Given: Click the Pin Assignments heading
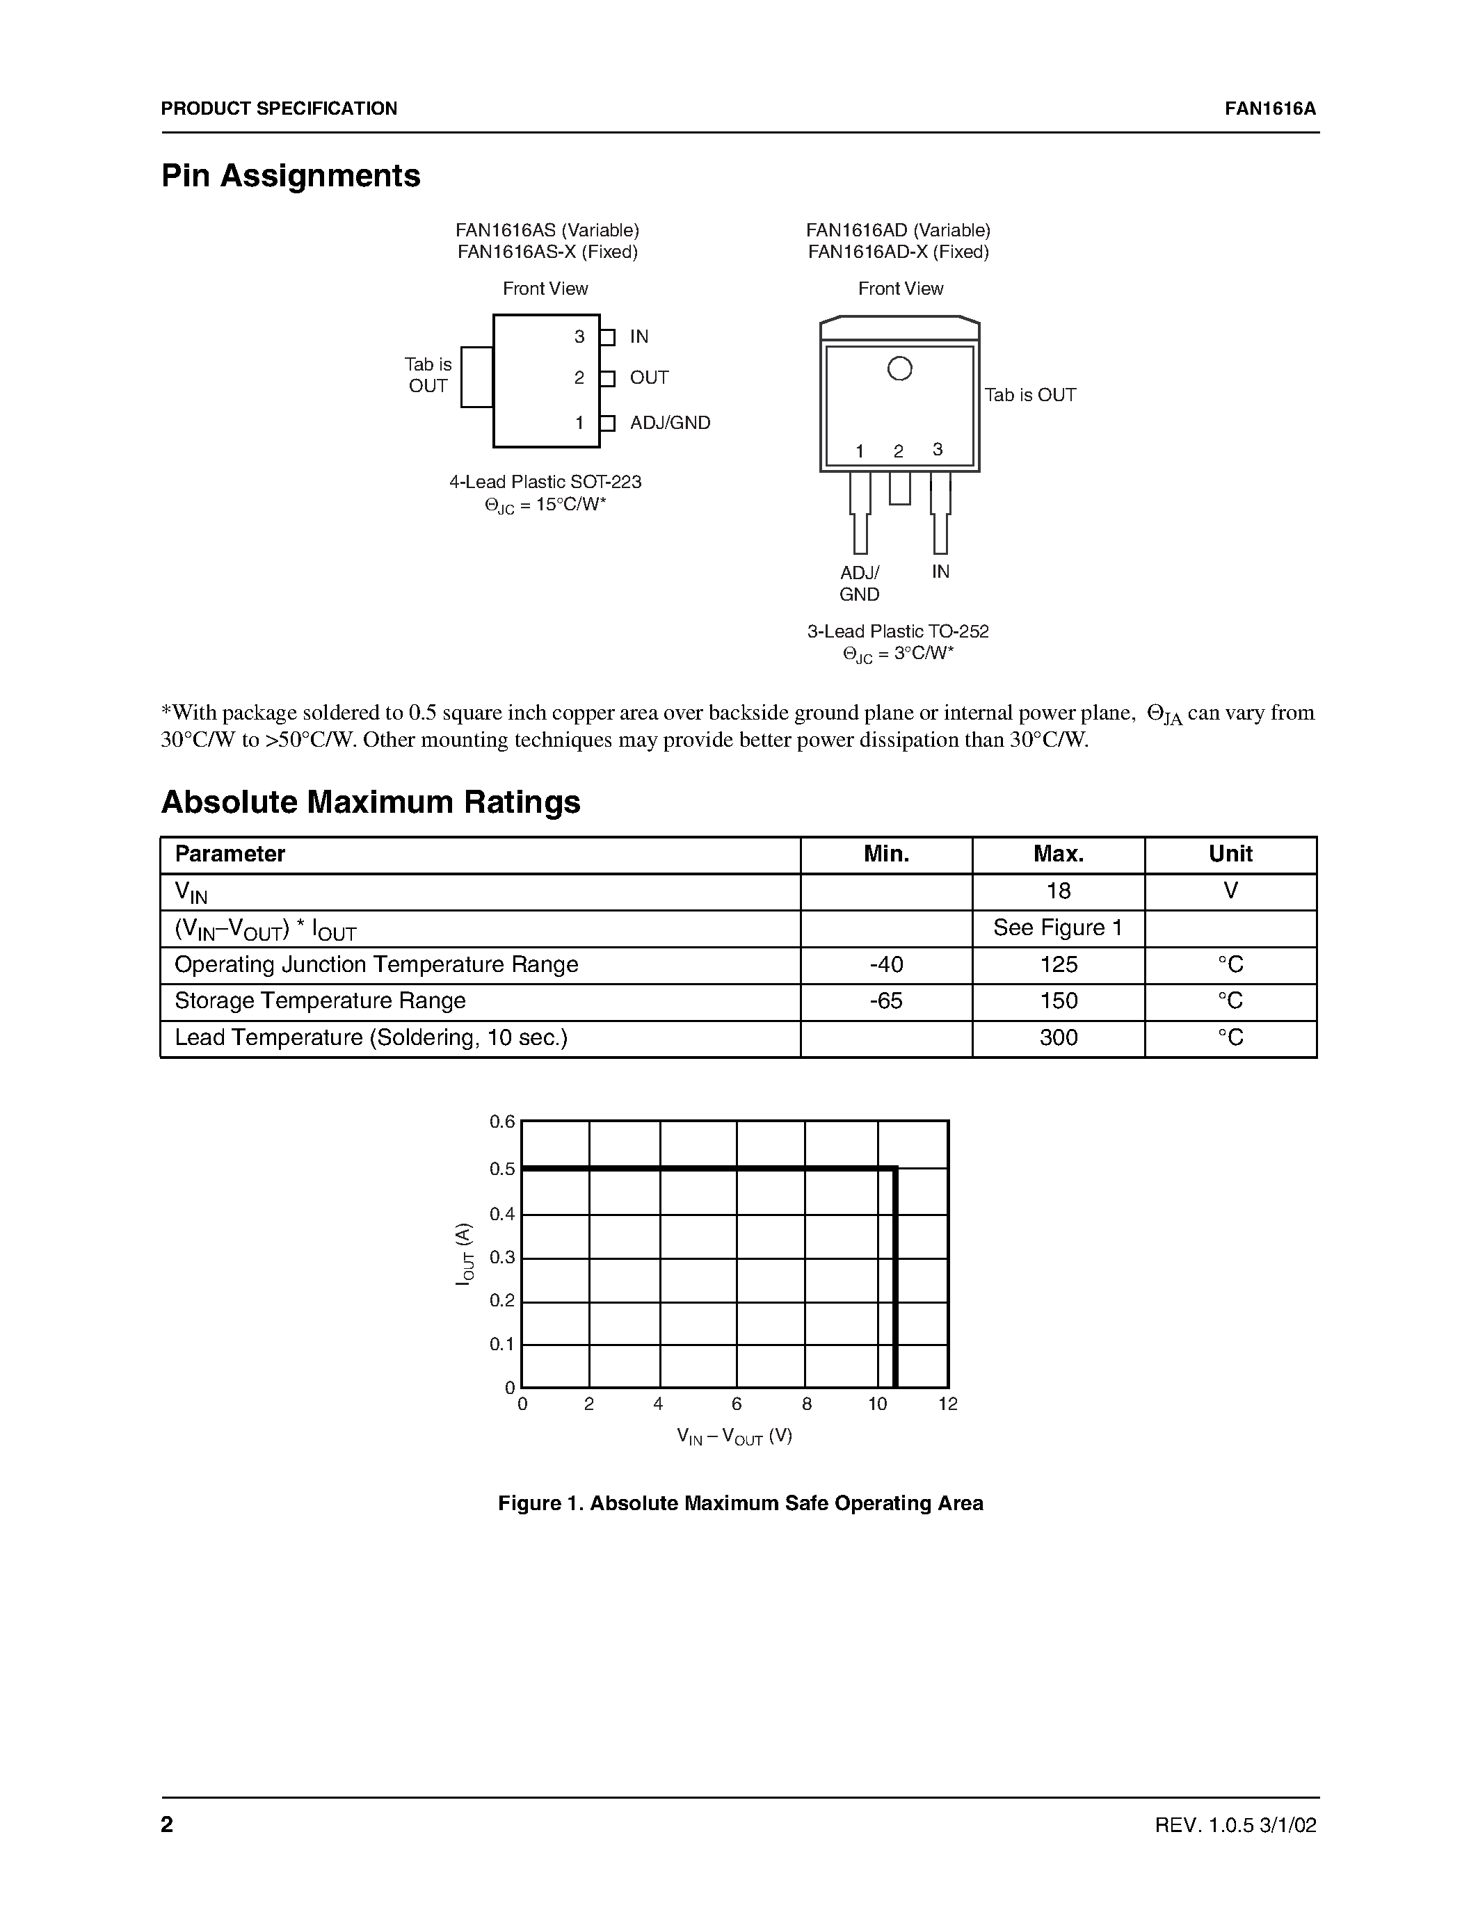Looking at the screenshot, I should tap(291, 176).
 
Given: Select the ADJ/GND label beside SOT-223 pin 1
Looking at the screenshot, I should tap(670, 423).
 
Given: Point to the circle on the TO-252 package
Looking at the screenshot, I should tap(899, 368).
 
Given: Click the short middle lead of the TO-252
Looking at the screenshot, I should tap(899, 489).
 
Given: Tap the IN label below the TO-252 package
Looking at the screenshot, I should tap(940, 572).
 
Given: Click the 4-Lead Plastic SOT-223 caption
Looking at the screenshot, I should tap(545, 483).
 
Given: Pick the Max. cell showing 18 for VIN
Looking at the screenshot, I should tap(1058, 891).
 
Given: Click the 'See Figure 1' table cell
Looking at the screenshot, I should tap(1058, 928).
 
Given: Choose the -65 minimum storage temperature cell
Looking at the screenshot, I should tap(885, 1000).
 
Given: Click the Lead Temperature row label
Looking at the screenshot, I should tap(371, 1038).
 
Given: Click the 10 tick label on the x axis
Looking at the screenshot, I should tap(877, 1404).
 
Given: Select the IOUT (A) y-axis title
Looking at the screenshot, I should tap(465, 1254).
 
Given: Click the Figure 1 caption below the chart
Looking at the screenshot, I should tap(740, 1503).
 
